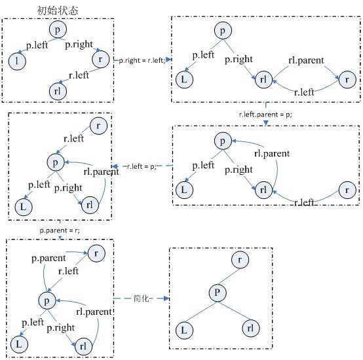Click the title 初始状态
point(58,10)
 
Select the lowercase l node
point(17,61)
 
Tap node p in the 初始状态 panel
point(58,29)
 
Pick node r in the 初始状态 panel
point(101,59)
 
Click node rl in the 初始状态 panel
point(58,91)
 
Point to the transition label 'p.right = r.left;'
point(142,60)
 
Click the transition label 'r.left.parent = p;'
point(265,115)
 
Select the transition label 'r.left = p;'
point(142,166)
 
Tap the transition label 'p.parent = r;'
point(60,230)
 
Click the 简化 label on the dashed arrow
point(142,298)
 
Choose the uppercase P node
point(218,293)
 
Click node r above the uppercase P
point(240,259)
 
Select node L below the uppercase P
point(184,330)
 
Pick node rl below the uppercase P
point(251,328)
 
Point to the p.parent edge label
point(48,259)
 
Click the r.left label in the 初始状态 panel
point(79,75)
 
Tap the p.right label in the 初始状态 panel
point(79,45)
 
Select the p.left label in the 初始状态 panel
point(37,45)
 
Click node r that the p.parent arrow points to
point(96,253)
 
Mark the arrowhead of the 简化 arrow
point(166,298)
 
